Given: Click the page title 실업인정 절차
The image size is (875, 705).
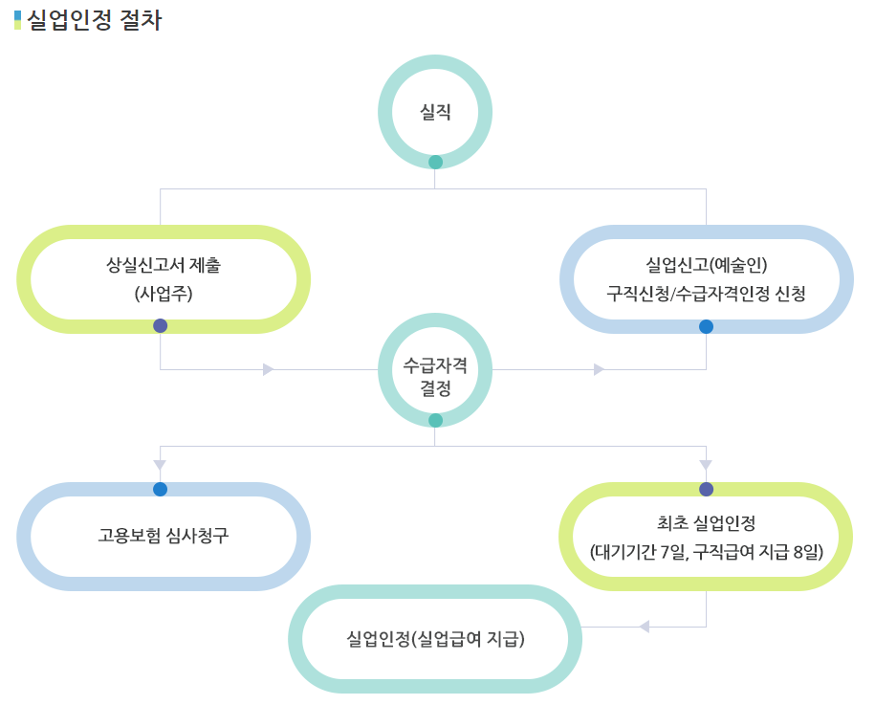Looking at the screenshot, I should click(x=95, y=20).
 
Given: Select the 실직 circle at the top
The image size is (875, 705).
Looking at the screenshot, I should click(x=435, y=112).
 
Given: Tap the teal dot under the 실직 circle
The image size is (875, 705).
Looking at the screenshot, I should click(x=435, y=162).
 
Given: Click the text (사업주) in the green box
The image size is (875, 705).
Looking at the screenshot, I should click(x=164, y=294).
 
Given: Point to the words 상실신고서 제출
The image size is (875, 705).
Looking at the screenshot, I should click(x=164, y=264).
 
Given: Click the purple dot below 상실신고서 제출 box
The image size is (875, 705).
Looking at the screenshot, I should click(x=160, y=325).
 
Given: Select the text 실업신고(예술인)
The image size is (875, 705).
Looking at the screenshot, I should click(x=706, y=264).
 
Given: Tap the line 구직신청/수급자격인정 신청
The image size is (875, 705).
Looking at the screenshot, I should click(x=706, y=294).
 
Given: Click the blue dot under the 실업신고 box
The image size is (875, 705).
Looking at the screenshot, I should click(x=706, y=326).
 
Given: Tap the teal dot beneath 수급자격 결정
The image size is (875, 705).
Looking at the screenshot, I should click(x=435, y=420).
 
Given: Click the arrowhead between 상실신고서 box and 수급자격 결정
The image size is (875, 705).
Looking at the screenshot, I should click(x=269, y=369).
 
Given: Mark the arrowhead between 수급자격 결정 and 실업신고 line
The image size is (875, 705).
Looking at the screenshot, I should click(x=599, y=369).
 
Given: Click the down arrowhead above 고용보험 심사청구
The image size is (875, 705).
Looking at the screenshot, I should click(x=160, y=465).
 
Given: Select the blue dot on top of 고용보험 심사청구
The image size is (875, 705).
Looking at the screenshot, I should click(x=160, y=489).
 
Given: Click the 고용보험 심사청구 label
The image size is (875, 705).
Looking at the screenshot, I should click(x=164, y=535).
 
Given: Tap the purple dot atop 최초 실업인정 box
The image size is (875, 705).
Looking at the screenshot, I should click(x=706, y=489).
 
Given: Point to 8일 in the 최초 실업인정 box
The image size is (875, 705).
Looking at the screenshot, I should click(x=807, y=552).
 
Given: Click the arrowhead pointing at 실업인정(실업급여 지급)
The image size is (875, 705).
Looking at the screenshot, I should click(x=644, y=627).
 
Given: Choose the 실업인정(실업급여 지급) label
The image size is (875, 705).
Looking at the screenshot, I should click(x=435, y=638).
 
